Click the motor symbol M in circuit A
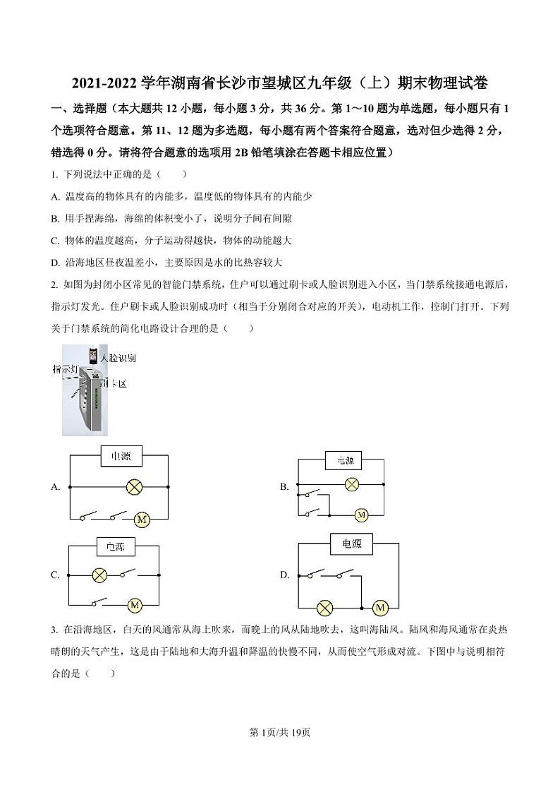142,520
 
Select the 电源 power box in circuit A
121,457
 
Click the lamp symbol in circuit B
351,484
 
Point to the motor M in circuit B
362,515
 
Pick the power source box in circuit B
344,461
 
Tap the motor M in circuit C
134,604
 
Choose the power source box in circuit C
115,546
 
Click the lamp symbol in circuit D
325,607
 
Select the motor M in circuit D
380,607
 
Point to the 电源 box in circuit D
351,544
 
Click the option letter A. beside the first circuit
55,487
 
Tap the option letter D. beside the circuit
285,575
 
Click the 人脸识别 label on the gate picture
118,358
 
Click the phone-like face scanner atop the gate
92,355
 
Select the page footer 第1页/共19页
280,732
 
